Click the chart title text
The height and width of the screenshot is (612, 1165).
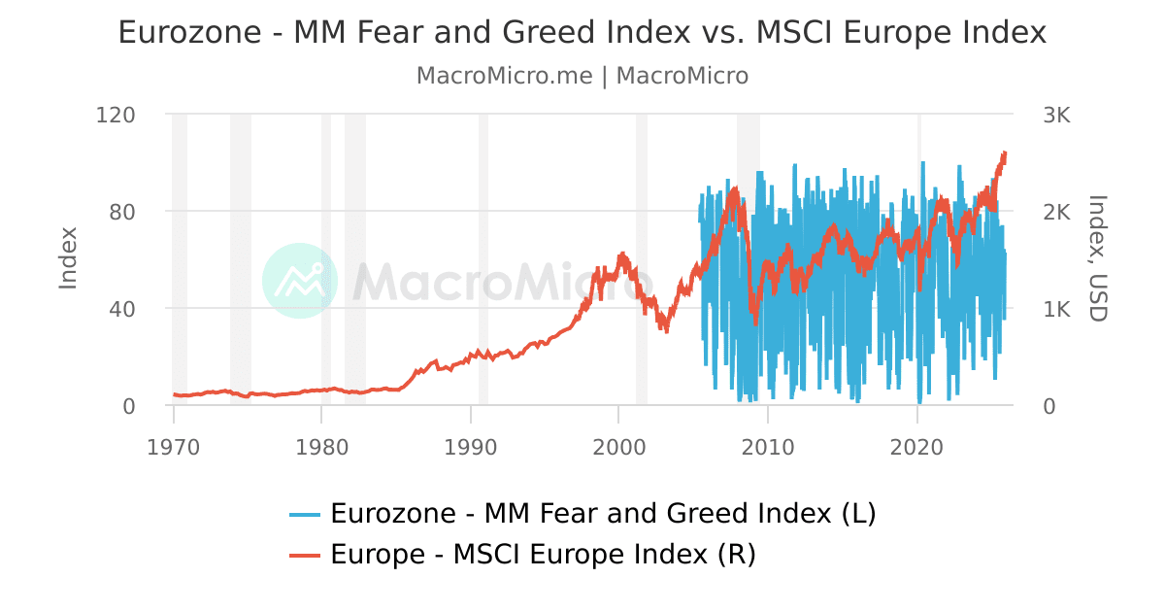[x=582, y=33]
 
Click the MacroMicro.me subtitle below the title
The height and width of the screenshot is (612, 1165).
[x=582, y=76]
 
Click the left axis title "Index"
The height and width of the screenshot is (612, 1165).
[x=68, y=258]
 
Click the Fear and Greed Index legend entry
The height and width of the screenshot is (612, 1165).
[x=582, y=513]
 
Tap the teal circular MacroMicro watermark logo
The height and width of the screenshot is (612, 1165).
[x=300, y=281]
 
